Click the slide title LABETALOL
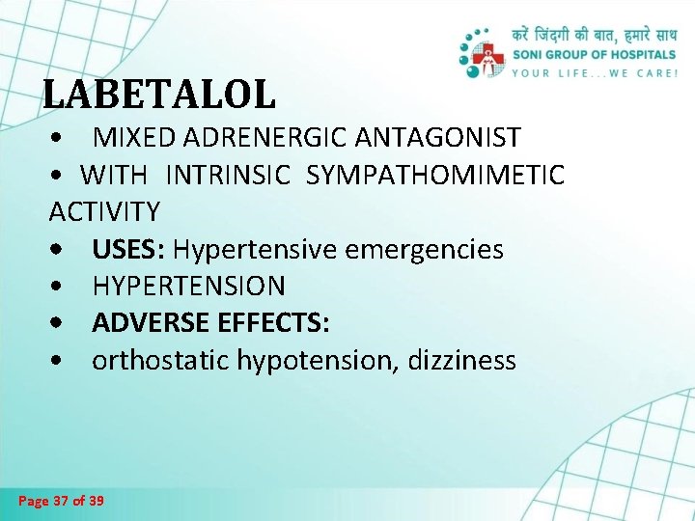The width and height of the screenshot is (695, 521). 159,95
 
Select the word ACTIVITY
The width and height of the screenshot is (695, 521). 104,211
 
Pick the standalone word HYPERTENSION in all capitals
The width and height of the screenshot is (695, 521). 189,287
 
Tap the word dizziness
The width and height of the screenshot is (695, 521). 462,361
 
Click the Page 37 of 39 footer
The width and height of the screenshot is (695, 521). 62,501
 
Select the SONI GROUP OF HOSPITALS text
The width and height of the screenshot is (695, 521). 594,54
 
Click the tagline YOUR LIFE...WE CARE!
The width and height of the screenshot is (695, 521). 594,72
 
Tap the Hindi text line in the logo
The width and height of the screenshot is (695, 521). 594,34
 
